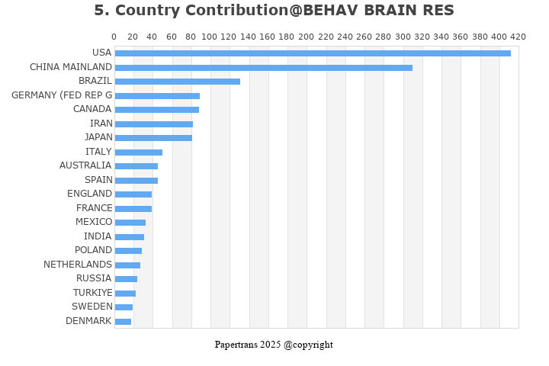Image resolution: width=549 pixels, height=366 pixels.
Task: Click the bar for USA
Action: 313,53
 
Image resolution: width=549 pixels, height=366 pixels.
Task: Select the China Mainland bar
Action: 263,68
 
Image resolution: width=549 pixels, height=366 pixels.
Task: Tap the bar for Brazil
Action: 177,82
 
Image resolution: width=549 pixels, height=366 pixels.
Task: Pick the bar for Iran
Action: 153,124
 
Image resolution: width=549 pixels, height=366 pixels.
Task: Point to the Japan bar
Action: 153,138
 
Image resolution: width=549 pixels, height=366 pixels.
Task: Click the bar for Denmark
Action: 123,322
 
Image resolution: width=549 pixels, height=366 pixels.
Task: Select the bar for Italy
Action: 138,152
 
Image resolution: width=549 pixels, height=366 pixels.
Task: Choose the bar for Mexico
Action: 130,223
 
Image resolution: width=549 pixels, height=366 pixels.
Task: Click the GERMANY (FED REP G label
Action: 62,95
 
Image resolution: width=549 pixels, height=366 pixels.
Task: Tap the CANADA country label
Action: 92,109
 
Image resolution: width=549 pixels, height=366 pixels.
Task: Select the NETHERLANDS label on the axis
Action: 78,265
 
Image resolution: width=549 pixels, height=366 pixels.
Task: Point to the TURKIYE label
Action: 93,293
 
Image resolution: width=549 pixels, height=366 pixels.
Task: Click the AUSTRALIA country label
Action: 85,165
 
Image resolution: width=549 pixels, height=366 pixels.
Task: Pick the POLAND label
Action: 93,250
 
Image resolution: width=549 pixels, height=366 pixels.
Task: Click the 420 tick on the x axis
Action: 518,37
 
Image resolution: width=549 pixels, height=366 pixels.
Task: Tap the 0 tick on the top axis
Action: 114,37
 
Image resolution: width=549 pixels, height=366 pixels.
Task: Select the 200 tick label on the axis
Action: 307,37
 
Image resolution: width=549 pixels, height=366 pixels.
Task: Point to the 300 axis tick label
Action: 403,37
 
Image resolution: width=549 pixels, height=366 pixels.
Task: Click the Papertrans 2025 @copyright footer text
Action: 274,345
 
